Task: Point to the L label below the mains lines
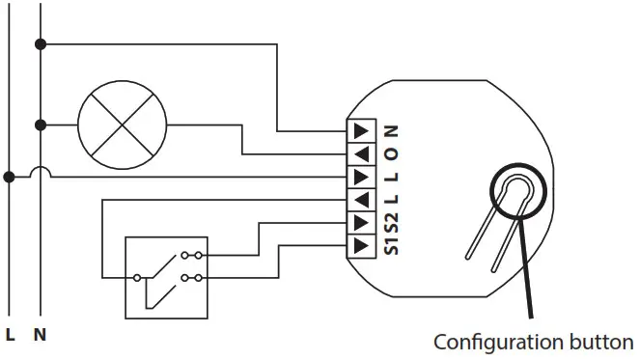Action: pos(11,336)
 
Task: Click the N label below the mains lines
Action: pos(40,336)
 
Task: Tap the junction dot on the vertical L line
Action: pos(10,177)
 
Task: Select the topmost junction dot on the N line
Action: pos(40,44)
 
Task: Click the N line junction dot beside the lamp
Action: pos(40,125)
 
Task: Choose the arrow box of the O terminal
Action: pos(359,153)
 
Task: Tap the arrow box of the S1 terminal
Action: pos(359,246)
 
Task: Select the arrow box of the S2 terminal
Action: pos(359,223)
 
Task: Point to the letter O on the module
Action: pos(391,153)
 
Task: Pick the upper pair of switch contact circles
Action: pos(194,256)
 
